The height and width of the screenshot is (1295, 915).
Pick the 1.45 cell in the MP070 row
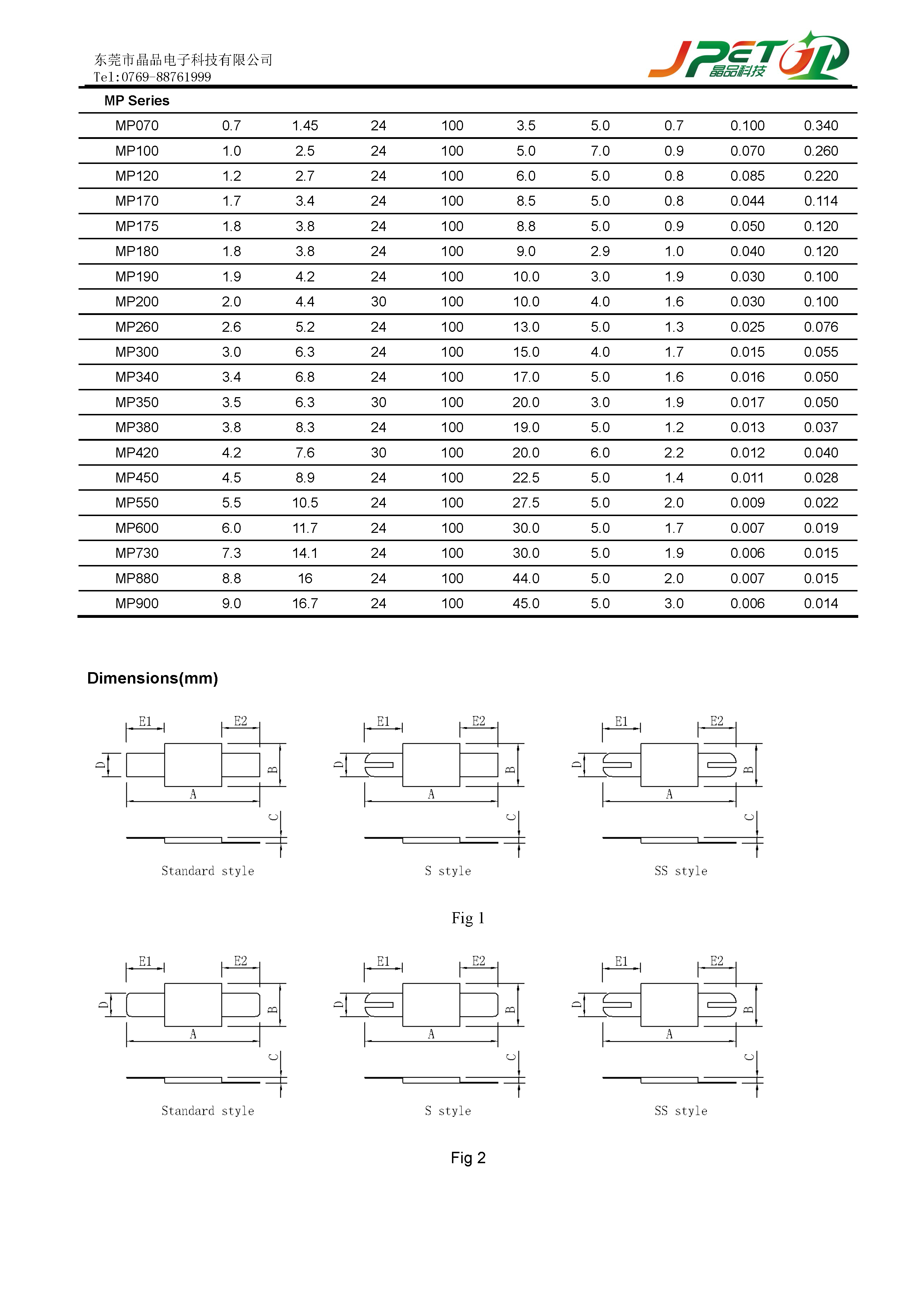[305, 126]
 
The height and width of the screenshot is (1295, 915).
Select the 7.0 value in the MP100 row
[600, 151]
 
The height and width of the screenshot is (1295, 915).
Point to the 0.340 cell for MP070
[820, 126]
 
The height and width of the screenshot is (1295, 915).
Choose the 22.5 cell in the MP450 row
[526, 478]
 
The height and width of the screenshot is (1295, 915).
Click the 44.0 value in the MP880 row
[526, 578]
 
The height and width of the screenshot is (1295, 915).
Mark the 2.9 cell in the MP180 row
[600, 251]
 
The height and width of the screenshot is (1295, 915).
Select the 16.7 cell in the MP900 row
[305, 604]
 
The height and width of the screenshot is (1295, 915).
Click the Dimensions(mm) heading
[152, 678]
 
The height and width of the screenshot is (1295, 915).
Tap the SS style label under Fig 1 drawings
[680, 871]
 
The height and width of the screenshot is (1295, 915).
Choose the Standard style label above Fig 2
[207, 1111]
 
